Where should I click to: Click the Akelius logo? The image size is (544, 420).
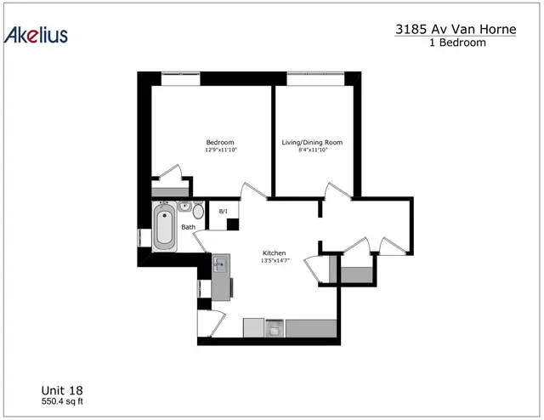[36, 35]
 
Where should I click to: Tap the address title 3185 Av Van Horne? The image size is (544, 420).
[456, 29]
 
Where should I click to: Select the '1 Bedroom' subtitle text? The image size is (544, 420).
[457, 43]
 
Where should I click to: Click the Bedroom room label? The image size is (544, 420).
[220, 142]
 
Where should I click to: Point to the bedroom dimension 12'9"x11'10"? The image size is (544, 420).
[221, 150]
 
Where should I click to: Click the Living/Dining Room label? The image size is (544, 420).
[312, 142]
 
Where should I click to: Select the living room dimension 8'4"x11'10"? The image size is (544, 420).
[314, 150]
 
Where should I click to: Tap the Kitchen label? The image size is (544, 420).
[274, 253]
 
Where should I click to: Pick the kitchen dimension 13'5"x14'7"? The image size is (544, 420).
[275, 260]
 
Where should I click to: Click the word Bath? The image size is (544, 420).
[189, 227]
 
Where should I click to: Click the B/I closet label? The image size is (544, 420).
[224, 212]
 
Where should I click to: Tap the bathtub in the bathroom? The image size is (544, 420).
[164, 226]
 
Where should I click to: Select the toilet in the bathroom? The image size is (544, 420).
[198, 211]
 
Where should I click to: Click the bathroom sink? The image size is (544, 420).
[184, 207]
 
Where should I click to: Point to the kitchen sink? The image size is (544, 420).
[220, 265]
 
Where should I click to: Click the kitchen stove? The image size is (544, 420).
[275, 328]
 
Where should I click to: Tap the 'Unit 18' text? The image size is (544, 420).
[62, 390]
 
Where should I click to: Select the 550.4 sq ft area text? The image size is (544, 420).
[62, 401]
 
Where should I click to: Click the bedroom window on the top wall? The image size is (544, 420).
[181, 78]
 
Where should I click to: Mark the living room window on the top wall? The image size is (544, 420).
[315, 78]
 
